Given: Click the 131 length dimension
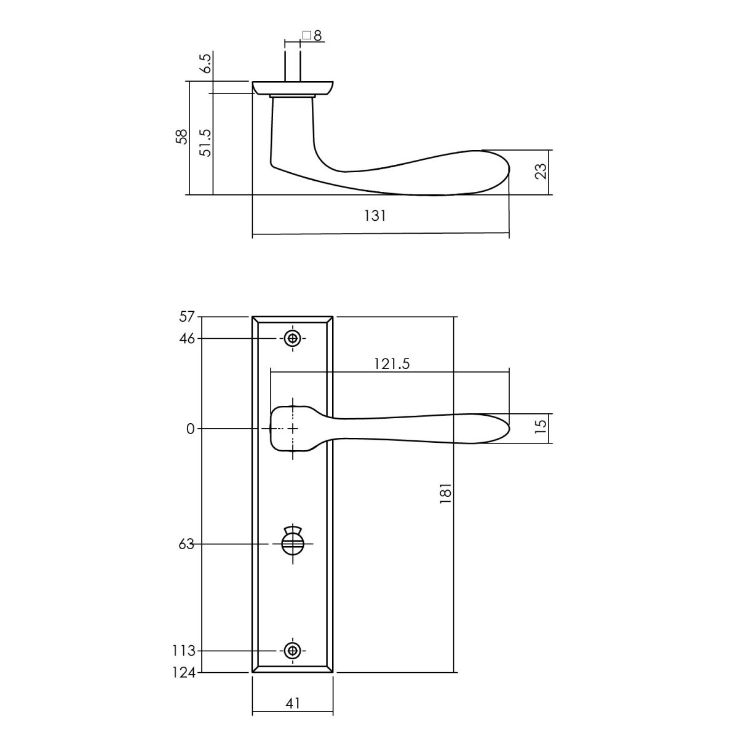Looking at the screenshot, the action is coord(375,216).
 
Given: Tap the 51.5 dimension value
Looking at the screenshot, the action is coord(205,143).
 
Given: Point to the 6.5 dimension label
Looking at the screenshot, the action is coord(205,63).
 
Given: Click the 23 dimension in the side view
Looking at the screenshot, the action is coord(541,171).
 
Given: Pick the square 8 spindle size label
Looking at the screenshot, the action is coord(312,36).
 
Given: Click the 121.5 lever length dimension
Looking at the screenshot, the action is coord(391,364).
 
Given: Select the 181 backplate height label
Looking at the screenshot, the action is coord(446,494).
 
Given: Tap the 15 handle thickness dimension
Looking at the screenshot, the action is coord(541,426).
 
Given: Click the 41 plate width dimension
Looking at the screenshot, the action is coord(293,703).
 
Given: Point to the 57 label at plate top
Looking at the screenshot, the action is coord(187,317).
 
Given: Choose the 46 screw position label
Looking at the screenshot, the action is coord(187,339).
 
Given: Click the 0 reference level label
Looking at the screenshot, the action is coord(190,429).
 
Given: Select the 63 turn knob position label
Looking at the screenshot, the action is coord(186,544).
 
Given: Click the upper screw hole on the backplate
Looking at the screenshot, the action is coord(293,338).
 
